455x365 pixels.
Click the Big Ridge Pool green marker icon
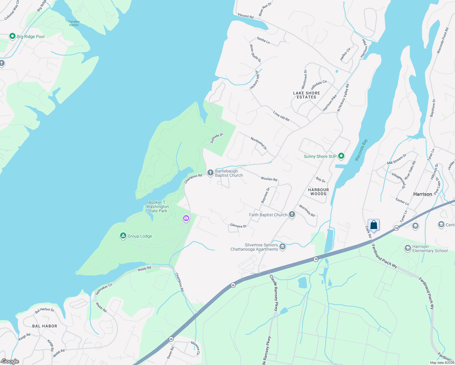(x=12, y=36)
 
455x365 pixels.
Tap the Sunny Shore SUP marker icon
(x=341, y=156)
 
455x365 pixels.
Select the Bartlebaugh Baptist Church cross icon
(x=210, y=173)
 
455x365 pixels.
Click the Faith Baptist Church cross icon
(x=292, y=215)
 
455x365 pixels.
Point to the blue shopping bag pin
(x=373, y=225)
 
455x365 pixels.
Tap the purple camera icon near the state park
(x=186, y=218)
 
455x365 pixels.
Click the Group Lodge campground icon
(x=123, y=236)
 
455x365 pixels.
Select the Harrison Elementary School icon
(x=408, y=248)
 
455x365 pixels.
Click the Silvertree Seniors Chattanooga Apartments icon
(x=283, y=246)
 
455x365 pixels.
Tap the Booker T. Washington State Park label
(x=157, y=207)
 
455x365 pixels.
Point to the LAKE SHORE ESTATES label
(x=306, y=95)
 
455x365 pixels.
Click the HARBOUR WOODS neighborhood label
(x=318, y=192)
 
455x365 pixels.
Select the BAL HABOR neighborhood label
(x=45, y=326)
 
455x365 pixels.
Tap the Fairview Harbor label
(x=74, y=23)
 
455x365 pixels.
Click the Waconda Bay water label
(x=361, y=150)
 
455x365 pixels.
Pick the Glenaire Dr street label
(x=238, y=226)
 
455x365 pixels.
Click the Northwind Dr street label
(x=259, y=143)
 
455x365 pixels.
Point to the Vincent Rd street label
(x=245, y=16)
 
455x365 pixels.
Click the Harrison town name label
(x=422, y=194)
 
